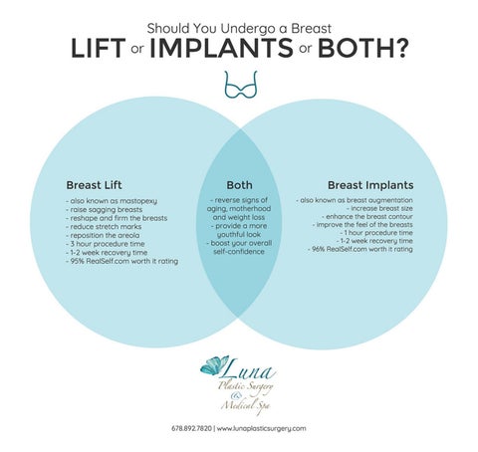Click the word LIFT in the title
99,49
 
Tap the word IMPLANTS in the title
221,49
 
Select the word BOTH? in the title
362,49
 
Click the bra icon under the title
241,85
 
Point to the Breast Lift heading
94,185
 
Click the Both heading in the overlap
239,185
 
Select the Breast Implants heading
370,185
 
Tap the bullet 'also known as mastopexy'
112,201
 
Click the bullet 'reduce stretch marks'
104,227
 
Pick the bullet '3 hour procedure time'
106,244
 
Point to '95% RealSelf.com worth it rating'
121,261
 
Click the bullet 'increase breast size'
379,208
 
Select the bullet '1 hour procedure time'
375,233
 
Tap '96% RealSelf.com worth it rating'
360,249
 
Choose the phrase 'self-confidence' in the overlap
239,252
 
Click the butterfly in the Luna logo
214,365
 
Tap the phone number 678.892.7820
191,428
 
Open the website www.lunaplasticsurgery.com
262,429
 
